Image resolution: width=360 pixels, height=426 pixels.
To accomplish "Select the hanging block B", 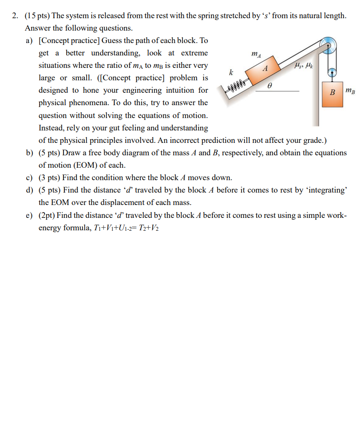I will click(332, 94).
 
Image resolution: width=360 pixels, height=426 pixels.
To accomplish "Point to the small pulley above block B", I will click(332, 72).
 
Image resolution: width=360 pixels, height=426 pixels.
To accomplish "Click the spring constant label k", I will click(230, 72).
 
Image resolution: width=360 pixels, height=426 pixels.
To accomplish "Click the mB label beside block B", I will click(350, 92).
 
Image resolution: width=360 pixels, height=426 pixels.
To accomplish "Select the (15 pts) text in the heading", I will click(38, 16).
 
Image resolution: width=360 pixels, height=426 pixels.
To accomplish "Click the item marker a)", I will click(30, 40).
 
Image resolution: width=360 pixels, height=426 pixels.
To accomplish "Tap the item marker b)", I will click(30, 153).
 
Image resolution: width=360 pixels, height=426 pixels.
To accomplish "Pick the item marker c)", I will click(30, 177).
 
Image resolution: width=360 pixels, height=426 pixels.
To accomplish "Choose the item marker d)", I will click(30, 190).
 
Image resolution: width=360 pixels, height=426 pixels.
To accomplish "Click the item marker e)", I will click(30, 215).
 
